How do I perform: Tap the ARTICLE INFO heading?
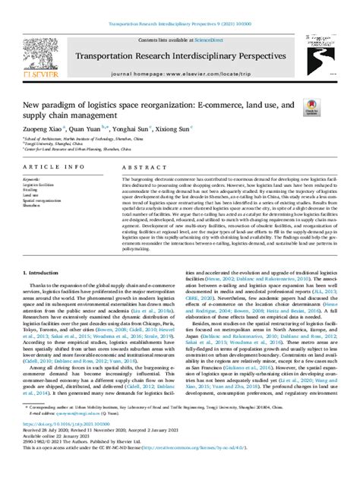click(x=47, y=166)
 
